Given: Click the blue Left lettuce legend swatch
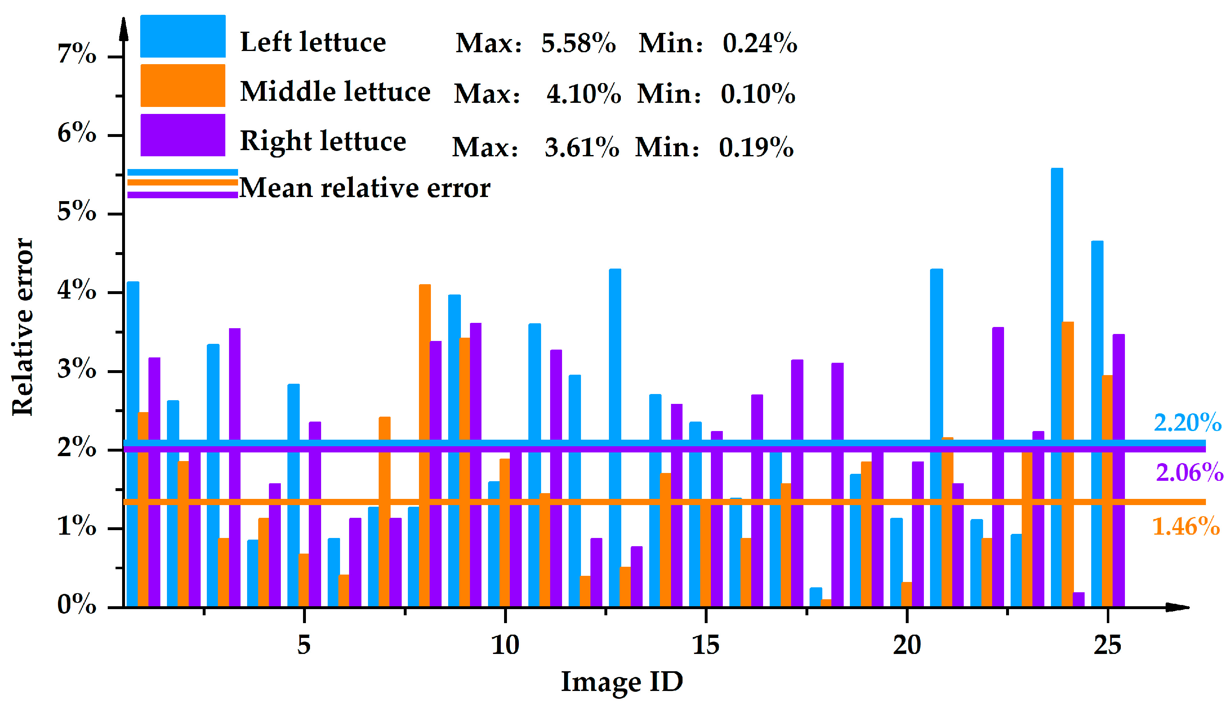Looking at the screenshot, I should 183,36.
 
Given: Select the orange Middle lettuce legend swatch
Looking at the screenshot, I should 183,86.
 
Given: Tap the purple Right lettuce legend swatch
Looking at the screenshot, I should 183,135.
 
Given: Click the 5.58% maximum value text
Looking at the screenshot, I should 578,43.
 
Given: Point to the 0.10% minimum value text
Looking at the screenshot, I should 758,93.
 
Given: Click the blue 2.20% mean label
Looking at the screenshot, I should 1187,423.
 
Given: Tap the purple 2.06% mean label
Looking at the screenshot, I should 1189,473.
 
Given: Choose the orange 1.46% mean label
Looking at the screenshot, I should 1186,527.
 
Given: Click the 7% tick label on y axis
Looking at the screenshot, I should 77,54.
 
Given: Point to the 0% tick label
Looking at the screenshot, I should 77,605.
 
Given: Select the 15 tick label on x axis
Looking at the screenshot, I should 706,645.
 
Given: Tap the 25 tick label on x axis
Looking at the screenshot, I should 1107,645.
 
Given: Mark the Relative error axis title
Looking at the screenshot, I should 23,327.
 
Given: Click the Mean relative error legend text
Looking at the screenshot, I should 364,188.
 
